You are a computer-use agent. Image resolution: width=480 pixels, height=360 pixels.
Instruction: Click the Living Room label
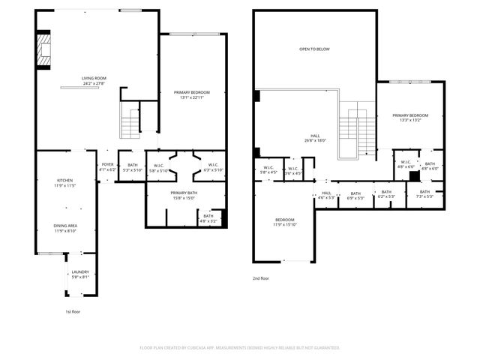95,80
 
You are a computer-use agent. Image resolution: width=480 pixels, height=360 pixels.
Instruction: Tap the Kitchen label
65,182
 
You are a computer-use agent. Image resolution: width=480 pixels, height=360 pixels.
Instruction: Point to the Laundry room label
80,274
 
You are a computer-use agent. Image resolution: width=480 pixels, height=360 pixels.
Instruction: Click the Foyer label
108,167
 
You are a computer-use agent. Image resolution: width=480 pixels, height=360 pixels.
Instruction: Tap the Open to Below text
314,49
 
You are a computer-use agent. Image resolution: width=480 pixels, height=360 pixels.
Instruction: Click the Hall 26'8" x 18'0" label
314,137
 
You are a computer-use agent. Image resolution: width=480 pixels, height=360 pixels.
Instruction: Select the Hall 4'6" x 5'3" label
325,195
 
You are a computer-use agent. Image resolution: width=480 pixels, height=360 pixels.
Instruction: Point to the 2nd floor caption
261,278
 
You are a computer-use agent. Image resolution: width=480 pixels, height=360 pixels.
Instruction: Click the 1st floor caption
73,310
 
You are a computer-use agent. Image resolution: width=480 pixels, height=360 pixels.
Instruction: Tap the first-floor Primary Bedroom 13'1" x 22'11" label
192,94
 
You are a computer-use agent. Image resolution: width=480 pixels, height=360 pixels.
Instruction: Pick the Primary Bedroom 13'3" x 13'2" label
409,117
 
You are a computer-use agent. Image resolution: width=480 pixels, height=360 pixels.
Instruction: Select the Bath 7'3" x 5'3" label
425,194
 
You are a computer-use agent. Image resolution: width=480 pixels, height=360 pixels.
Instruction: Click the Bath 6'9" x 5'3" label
355,195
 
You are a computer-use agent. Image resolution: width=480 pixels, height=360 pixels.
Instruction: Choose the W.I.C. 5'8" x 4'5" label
268,169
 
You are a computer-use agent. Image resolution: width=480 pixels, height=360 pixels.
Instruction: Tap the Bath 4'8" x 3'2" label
208,220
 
